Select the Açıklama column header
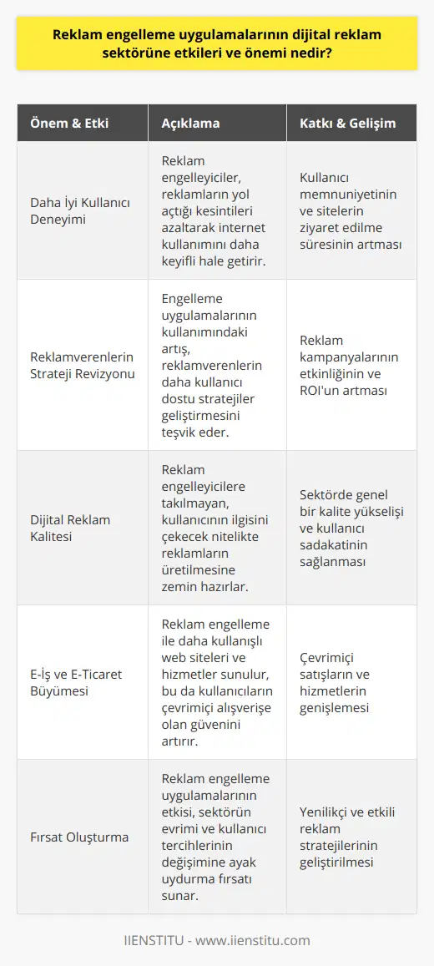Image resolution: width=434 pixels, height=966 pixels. coord(189,124)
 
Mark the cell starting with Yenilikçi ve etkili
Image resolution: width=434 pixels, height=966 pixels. coord(345,837)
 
